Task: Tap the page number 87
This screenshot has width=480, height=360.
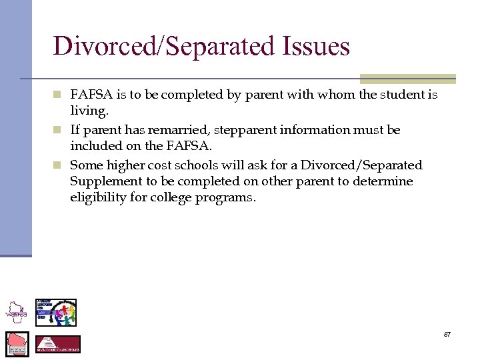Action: [x=447, y=334]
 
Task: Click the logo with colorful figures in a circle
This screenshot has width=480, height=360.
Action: [x=56, y=312]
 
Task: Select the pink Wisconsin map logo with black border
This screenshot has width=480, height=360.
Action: [x=17, y=343]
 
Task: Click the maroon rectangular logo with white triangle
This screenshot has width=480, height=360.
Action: [x=57, y=344]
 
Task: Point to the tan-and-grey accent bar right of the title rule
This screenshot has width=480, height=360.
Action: [x=407, y=79]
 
